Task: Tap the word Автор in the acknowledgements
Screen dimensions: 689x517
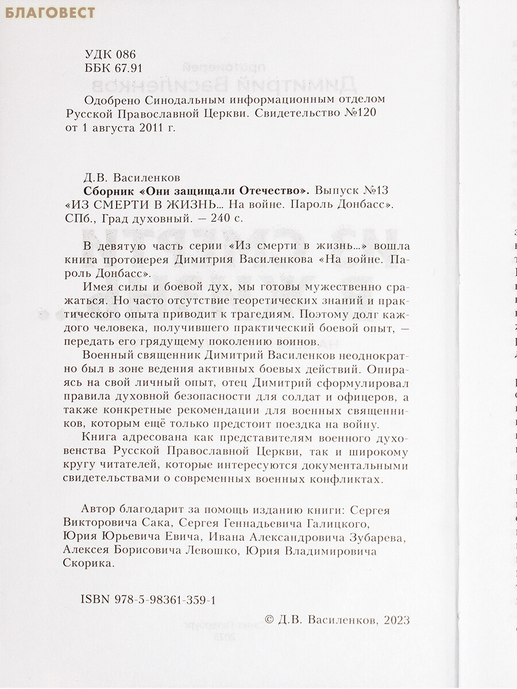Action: click(98, 510)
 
